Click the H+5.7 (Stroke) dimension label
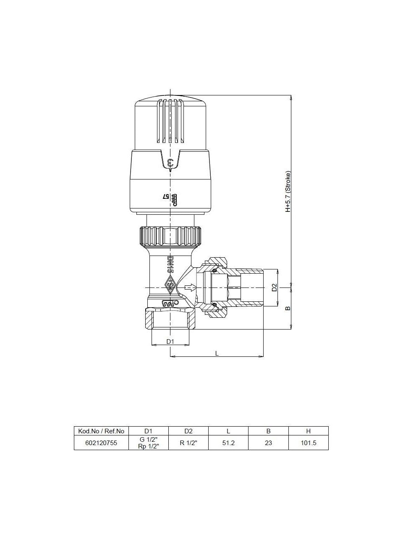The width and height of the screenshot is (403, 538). click(288, 191)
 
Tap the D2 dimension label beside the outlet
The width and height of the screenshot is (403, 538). click(274, 287)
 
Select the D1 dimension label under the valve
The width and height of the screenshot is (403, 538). click(170, 341)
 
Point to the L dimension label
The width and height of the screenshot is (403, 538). click(217, 353)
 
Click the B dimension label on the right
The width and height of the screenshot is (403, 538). click(288, 308)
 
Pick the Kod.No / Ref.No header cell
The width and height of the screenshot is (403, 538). click(101, 431)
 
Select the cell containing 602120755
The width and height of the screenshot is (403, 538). click(101, 443)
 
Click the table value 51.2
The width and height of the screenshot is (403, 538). click(228, 443)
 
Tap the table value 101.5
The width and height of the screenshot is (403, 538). click(309, 443)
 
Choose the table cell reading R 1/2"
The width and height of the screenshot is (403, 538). click(188, 443)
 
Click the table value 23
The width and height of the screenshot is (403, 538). click(268, 443)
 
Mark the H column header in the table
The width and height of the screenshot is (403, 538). click(309, 431)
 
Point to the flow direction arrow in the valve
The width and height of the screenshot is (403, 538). click(191, 287)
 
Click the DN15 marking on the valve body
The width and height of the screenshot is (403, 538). click(170, 264)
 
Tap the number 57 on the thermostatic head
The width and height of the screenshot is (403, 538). click(165, 196)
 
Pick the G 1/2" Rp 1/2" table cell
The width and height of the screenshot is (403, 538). click(148, 443)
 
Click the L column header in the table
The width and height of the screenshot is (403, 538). click(228, 431)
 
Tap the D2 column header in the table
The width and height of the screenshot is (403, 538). click(188, 431)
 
